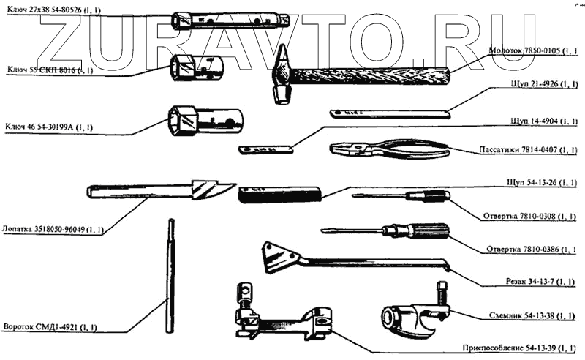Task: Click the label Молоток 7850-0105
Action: point(532,53)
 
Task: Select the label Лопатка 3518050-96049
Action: point(53,229)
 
